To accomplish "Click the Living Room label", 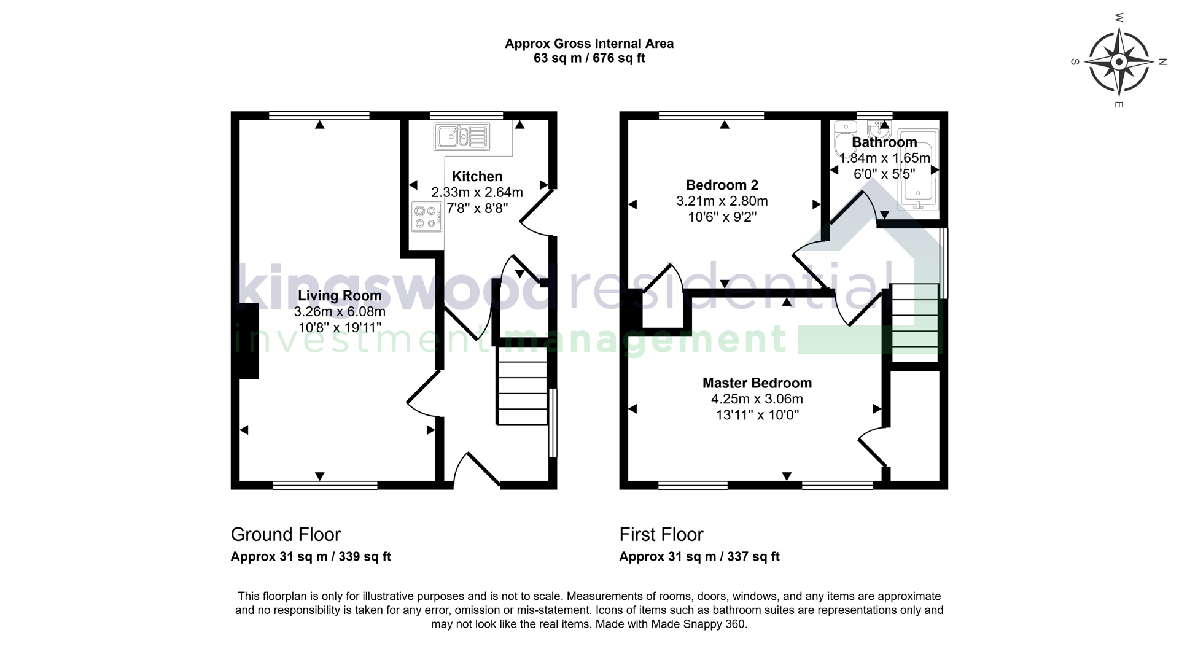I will pyautogui.click(x=340, y=296).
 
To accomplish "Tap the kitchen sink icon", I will pyautogui.click(x=462, y=136).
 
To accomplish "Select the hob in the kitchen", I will pyautogui.click(x=427, y=217).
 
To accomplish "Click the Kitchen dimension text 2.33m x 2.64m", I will pyautogui.click(x=477, y=193).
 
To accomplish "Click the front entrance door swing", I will pyautogui.click(x=475, y=470).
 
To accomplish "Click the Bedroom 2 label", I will pyautogui.click(x=722, y=185).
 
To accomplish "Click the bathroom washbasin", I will pyautogui.click(x=879, y=131).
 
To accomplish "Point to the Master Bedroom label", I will pyautogui.click(x=757, y=383).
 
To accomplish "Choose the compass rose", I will pyautogui.click(x=1119, y=62).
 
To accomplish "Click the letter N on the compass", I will pyautogui.click(x=1162, y=62).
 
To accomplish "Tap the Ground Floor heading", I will pyautogui.click(x=286, y=535).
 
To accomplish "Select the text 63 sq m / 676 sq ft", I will pyautogui.click(x=589, y=59).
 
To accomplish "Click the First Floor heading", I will pyautogui.click(x=661, y=535).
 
